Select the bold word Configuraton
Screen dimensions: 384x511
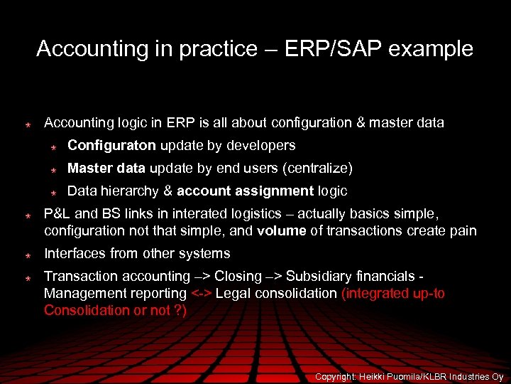pos(111,145)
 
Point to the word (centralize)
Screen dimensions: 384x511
pos(317,168)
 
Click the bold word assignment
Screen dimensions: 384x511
pos(275,191)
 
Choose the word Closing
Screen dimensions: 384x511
pos(238,276)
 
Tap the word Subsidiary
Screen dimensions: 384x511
pos(318,276)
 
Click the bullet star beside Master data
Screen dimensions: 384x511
pos(53,169)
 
